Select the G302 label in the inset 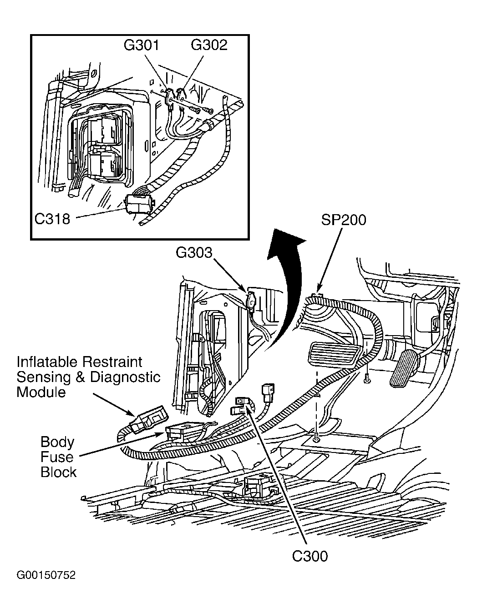(209, 45)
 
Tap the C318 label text (52, 219)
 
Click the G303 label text (194, 253)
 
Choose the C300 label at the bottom (310, 556)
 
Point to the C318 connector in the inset (138, 204)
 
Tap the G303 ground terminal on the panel (251, 301)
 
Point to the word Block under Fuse (58, 472)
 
